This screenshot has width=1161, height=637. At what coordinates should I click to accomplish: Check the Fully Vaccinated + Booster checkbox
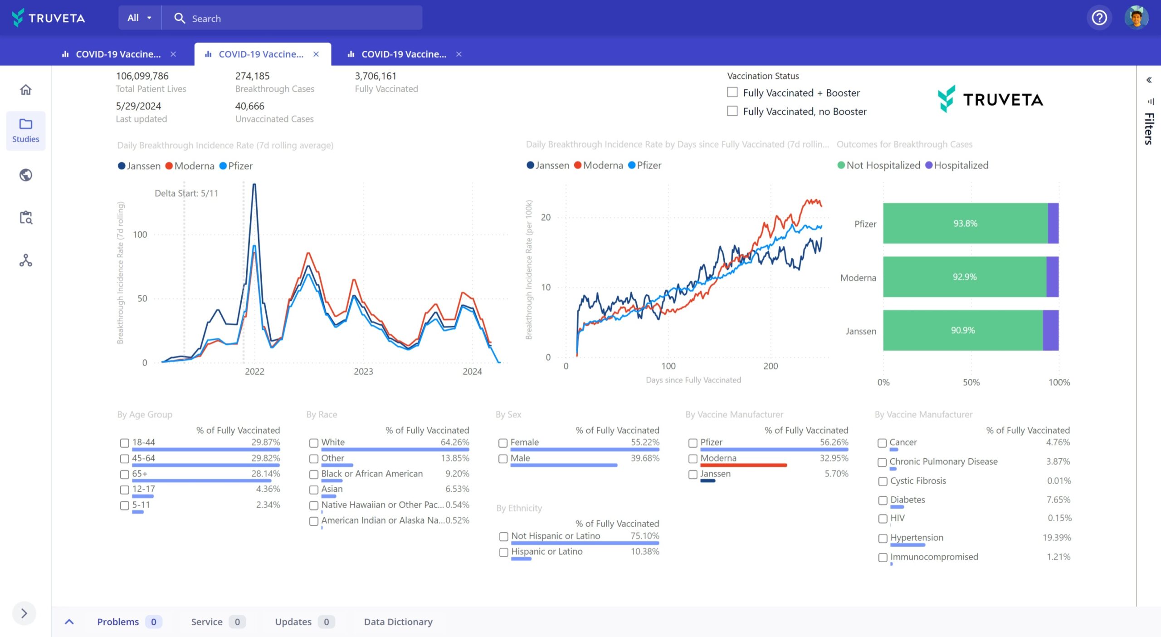[x=732, y=93]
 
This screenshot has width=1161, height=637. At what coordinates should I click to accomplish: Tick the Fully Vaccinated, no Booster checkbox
[x=732, y=111]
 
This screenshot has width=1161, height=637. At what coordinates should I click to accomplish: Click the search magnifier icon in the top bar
[x=180, y=18]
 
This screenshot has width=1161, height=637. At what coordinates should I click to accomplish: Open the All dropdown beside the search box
[x=139, y=18]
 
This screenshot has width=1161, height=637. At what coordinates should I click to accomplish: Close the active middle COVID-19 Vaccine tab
[x=316, y=54]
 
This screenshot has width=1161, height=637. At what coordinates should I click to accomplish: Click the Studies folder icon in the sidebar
[x=26, y=124]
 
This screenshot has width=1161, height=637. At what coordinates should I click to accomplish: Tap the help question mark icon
[x=1099, y=18]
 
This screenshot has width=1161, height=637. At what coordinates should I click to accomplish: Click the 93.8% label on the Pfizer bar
[x=965, y=223]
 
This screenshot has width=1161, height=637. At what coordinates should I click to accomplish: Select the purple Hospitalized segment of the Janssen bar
[x=1050, y=330]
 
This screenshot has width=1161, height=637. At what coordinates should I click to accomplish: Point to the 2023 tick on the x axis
[x=363, y=371]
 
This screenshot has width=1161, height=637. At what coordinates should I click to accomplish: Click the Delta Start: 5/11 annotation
[x=186, y=193]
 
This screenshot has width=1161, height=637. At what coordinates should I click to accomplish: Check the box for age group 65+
[x=125, y=474]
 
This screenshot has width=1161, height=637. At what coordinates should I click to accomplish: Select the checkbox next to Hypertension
[x=883, y=538]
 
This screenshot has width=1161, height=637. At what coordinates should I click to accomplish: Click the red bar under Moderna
[x=743, y=465]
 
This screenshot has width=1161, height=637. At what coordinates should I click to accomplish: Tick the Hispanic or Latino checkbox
[x=503, y=552]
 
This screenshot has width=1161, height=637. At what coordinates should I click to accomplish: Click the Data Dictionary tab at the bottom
[x=398, y=622]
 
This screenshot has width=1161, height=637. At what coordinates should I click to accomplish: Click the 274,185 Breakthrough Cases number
[x=252, y=76]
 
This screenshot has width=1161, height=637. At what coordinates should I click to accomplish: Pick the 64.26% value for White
[x=454, y=442]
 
